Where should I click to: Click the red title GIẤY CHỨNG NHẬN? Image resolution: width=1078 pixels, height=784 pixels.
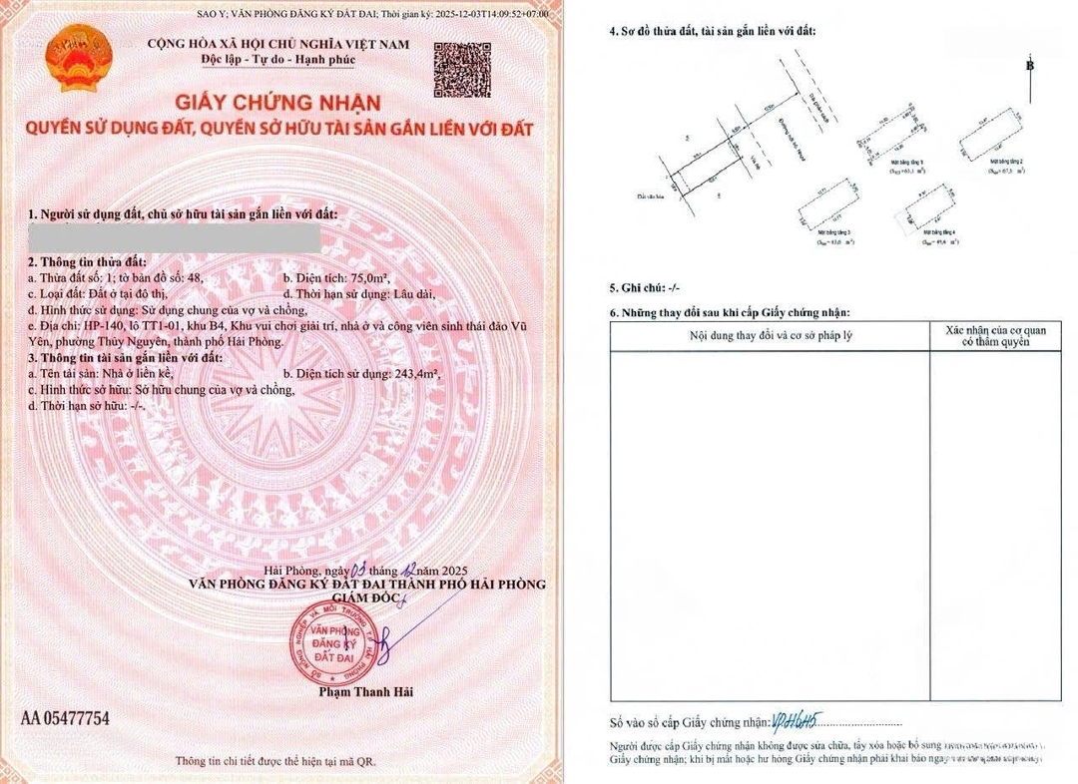click(278, 103)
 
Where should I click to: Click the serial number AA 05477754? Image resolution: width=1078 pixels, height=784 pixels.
click(65, 718)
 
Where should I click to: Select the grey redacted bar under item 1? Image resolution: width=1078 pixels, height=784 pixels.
click(175, 238)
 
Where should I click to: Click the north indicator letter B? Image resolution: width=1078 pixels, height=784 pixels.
click(1030, 66)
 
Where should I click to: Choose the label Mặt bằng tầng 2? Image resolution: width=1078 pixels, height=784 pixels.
click(1007, 161)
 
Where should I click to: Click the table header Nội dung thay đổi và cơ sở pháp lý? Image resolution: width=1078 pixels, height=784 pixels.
click(771, 335)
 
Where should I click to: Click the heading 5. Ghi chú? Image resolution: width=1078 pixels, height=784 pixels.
click(644, 287)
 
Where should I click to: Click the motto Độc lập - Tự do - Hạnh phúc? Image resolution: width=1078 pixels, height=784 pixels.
click(278, 60)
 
